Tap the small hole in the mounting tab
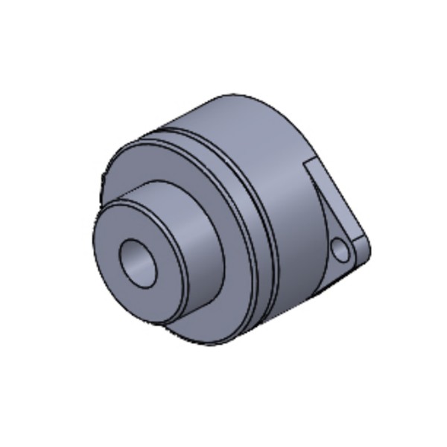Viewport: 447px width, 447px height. click(341, 249)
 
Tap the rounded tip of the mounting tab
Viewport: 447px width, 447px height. click(367, 246)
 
